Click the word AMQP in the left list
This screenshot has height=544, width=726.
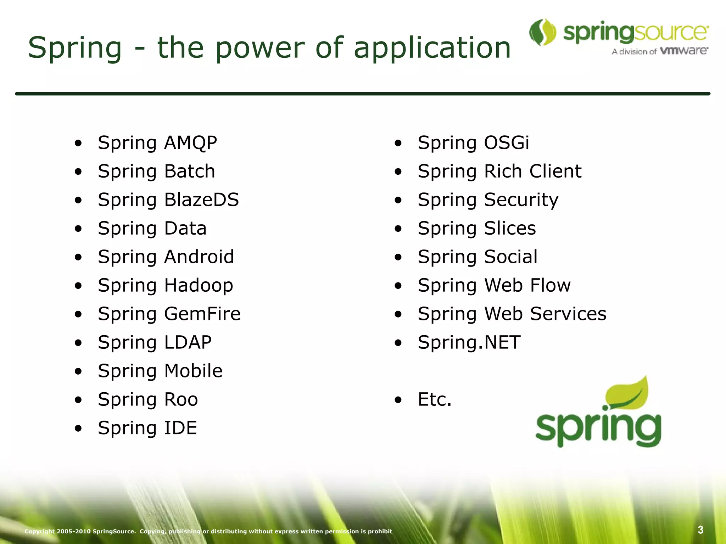coord(190,143)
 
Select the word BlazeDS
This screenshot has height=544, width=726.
coord(201,200)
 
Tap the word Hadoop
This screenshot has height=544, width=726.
coord(199,285)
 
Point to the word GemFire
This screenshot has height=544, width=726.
coord(202,314)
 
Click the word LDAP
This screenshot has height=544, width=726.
coord(188,342)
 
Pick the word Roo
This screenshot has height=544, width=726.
coord(181,399)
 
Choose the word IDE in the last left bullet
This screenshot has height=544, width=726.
coord(180,428)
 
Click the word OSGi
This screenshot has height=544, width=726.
coord(507,143)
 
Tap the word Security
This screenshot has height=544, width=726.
coord(521,200)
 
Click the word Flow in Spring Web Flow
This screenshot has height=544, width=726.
coord(550,285)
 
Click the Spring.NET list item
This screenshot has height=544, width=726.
coord(469,342)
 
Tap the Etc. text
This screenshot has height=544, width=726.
coord(435,399)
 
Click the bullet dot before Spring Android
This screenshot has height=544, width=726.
coord(78,257)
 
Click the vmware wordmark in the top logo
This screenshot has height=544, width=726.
coord(684,51)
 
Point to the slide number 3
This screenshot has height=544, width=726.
coord(700,530)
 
